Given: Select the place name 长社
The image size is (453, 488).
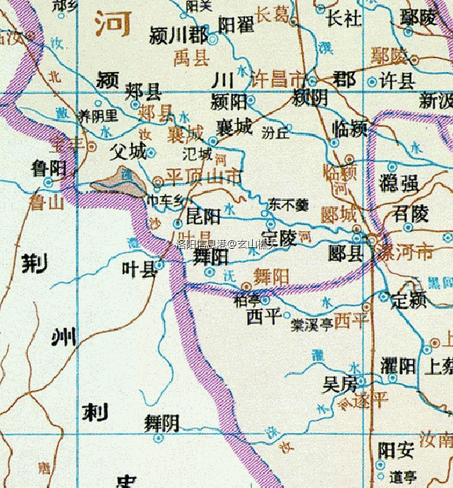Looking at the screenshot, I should tap(343, 16).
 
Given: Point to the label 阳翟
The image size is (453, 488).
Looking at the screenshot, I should tap(236, 26).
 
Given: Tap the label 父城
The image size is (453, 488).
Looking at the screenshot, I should tap(129, 151).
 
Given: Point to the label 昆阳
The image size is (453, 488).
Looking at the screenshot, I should tap(203, 216).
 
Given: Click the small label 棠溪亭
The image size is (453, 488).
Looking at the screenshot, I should tap(312, 325).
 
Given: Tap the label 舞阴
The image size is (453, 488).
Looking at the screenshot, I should tap(162, 423).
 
